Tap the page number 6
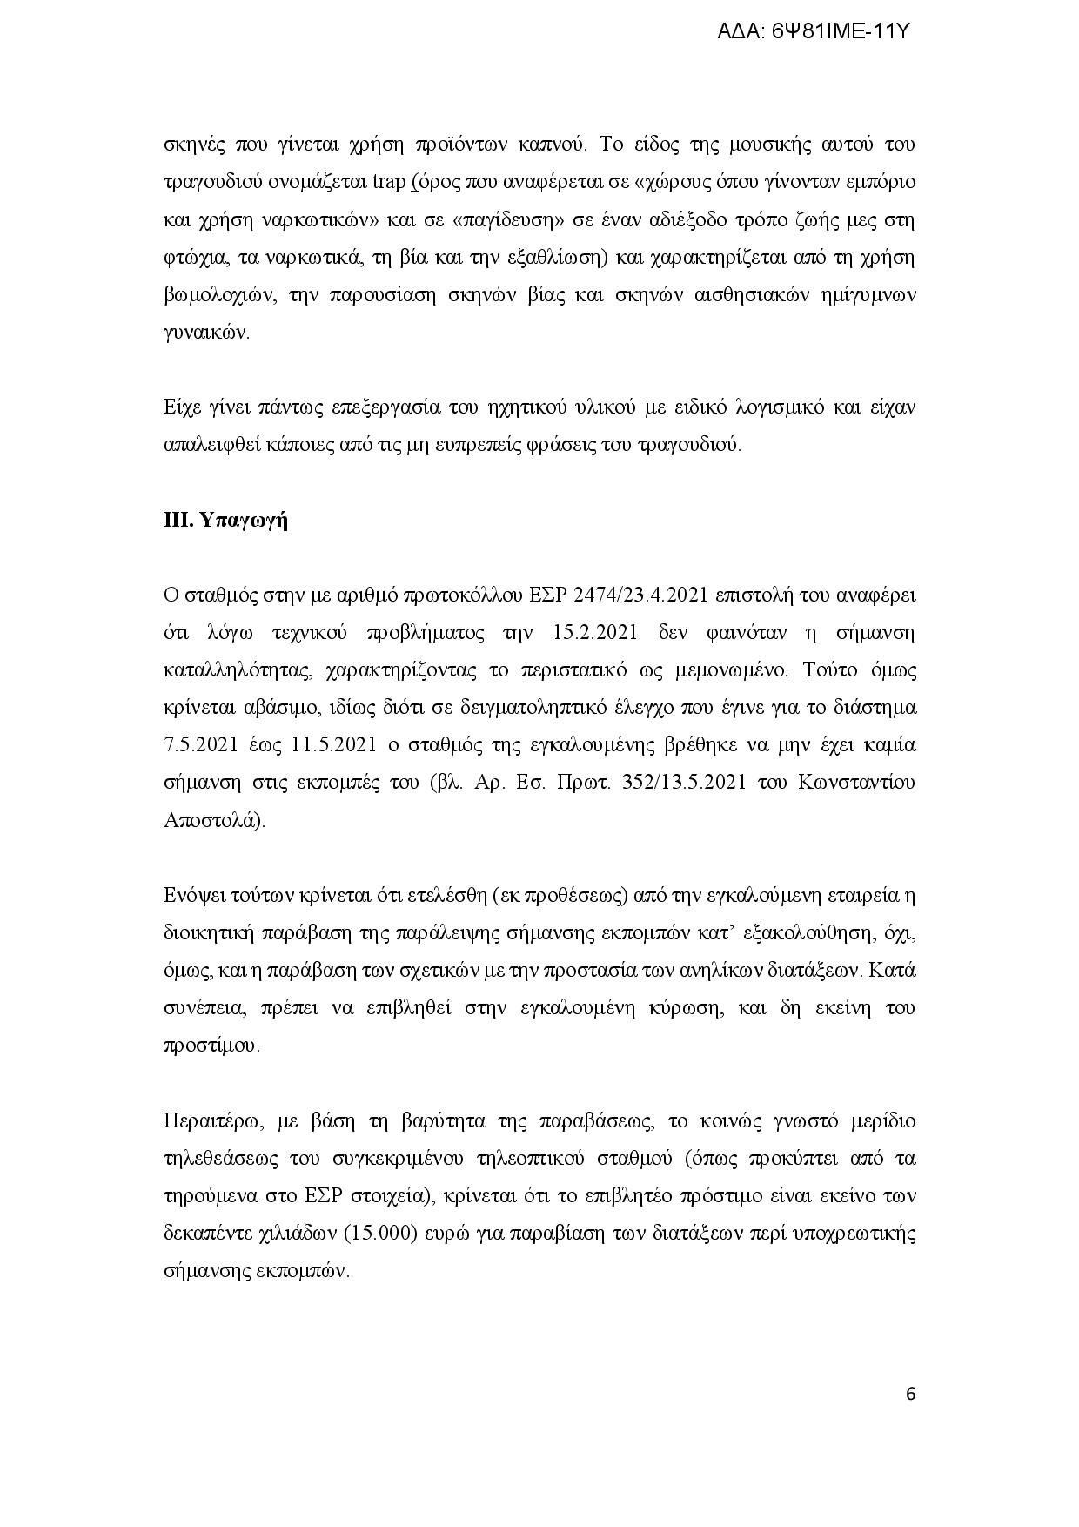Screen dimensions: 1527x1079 (910, 1394)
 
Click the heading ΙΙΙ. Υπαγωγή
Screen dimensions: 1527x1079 (225, 521)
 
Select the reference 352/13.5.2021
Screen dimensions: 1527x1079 (683, 783)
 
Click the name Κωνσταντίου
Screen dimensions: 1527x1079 (856, 783)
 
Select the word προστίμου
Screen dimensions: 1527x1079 (211, 1045)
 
